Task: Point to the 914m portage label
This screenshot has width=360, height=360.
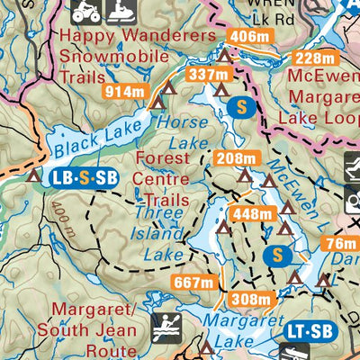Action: pos(125,91)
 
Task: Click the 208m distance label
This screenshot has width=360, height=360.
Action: pos(237,159)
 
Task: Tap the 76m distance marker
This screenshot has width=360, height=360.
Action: pos(339,244)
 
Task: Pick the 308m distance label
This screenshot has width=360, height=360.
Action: pos(250,300)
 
